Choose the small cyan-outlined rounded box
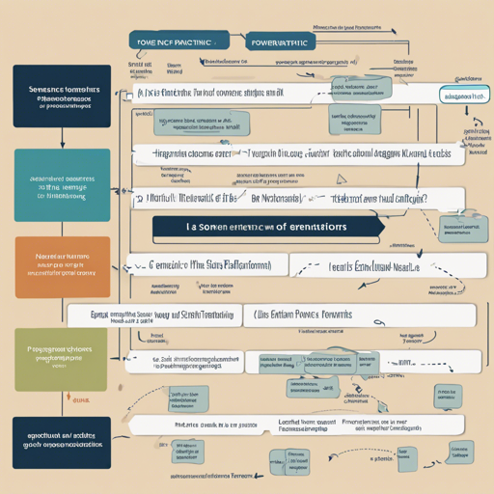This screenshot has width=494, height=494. [461, 97]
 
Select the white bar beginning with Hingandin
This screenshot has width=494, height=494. [193, 152]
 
